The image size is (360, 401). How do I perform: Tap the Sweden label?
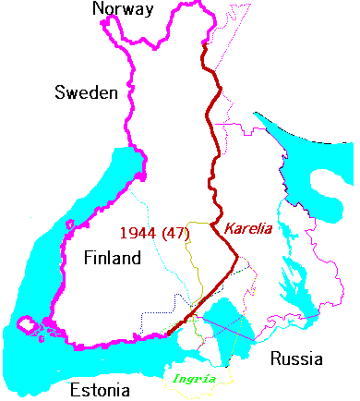point(85,93)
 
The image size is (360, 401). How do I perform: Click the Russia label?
point(291,358)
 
